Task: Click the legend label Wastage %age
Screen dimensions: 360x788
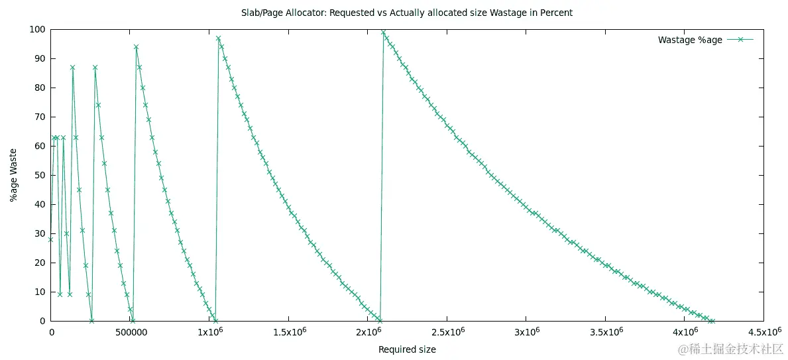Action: (690, 40)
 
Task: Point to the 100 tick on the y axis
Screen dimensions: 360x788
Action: (38, 29)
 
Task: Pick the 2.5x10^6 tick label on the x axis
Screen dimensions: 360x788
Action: (447, 331)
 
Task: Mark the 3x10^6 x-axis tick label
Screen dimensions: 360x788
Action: (526, 331)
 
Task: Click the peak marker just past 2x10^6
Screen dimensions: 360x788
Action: (383, 32)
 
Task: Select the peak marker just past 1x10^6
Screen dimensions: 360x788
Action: (218, 38)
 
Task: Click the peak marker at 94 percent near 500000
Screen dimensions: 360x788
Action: (136, 47)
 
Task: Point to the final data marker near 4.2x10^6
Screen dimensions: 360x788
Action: (712, 321)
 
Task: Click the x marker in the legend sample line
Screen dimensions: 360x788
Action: (741, 40)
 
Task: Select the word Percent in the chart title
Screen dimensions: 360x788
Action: (558, 13)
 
